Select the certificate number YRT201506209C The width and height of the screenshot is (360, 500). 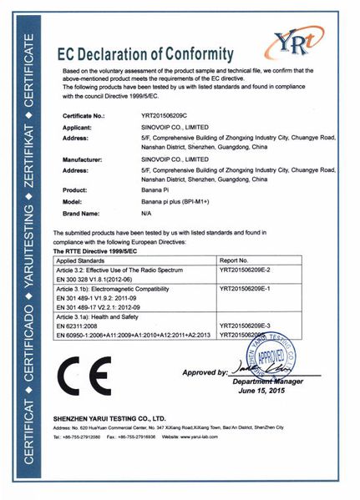click(x=165, y=117)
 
